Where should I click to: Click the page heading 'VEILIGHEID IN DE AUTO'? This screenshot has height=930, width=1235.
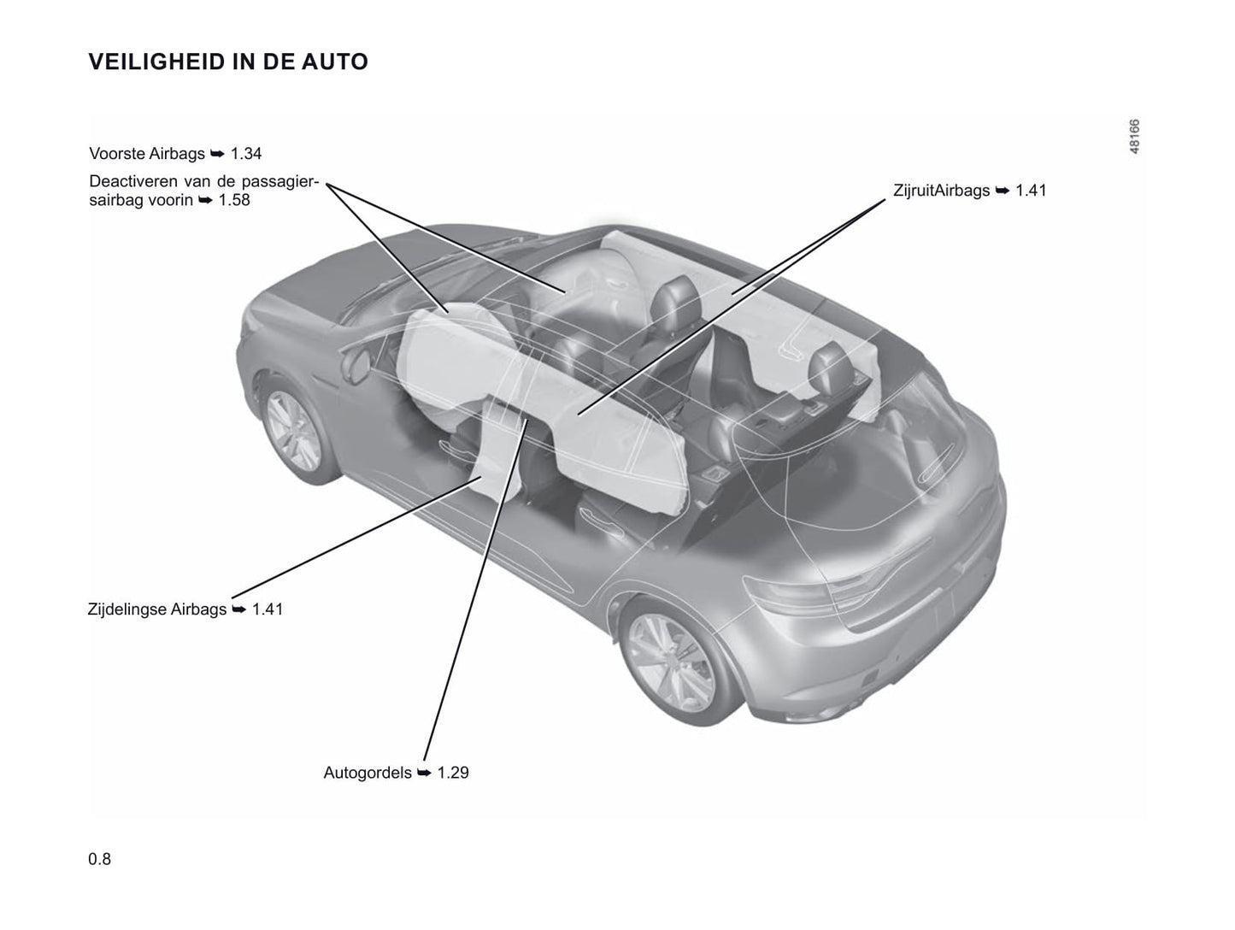coord(228,62)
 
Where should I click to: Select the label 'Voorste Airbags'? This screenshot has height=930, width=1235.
coord(147,154)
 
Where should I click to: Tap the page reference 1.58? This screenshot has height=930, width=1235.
coord(234,200)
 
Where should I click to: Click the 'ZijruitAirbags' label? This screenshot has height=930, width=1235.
coord(941,191)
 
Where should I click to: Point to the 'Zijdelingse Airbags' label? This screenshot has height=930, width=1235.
coord(157,609)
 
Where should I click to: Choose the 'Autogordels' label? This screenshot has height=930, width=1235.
coord(368,773)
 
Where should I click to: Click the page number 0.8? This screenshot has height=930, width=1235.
coord(100,859)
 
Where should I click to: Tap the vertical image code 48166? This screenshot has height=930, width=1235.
coord(1133,137)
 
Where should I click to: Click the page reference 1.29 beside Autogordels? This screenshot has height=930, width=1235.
coord(453,773)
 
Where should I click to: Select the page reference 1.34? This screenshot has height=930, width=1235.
coord(246,154)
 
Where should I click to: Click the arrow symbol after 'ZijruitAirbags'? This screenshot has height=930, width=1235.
coord(1003,191)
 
